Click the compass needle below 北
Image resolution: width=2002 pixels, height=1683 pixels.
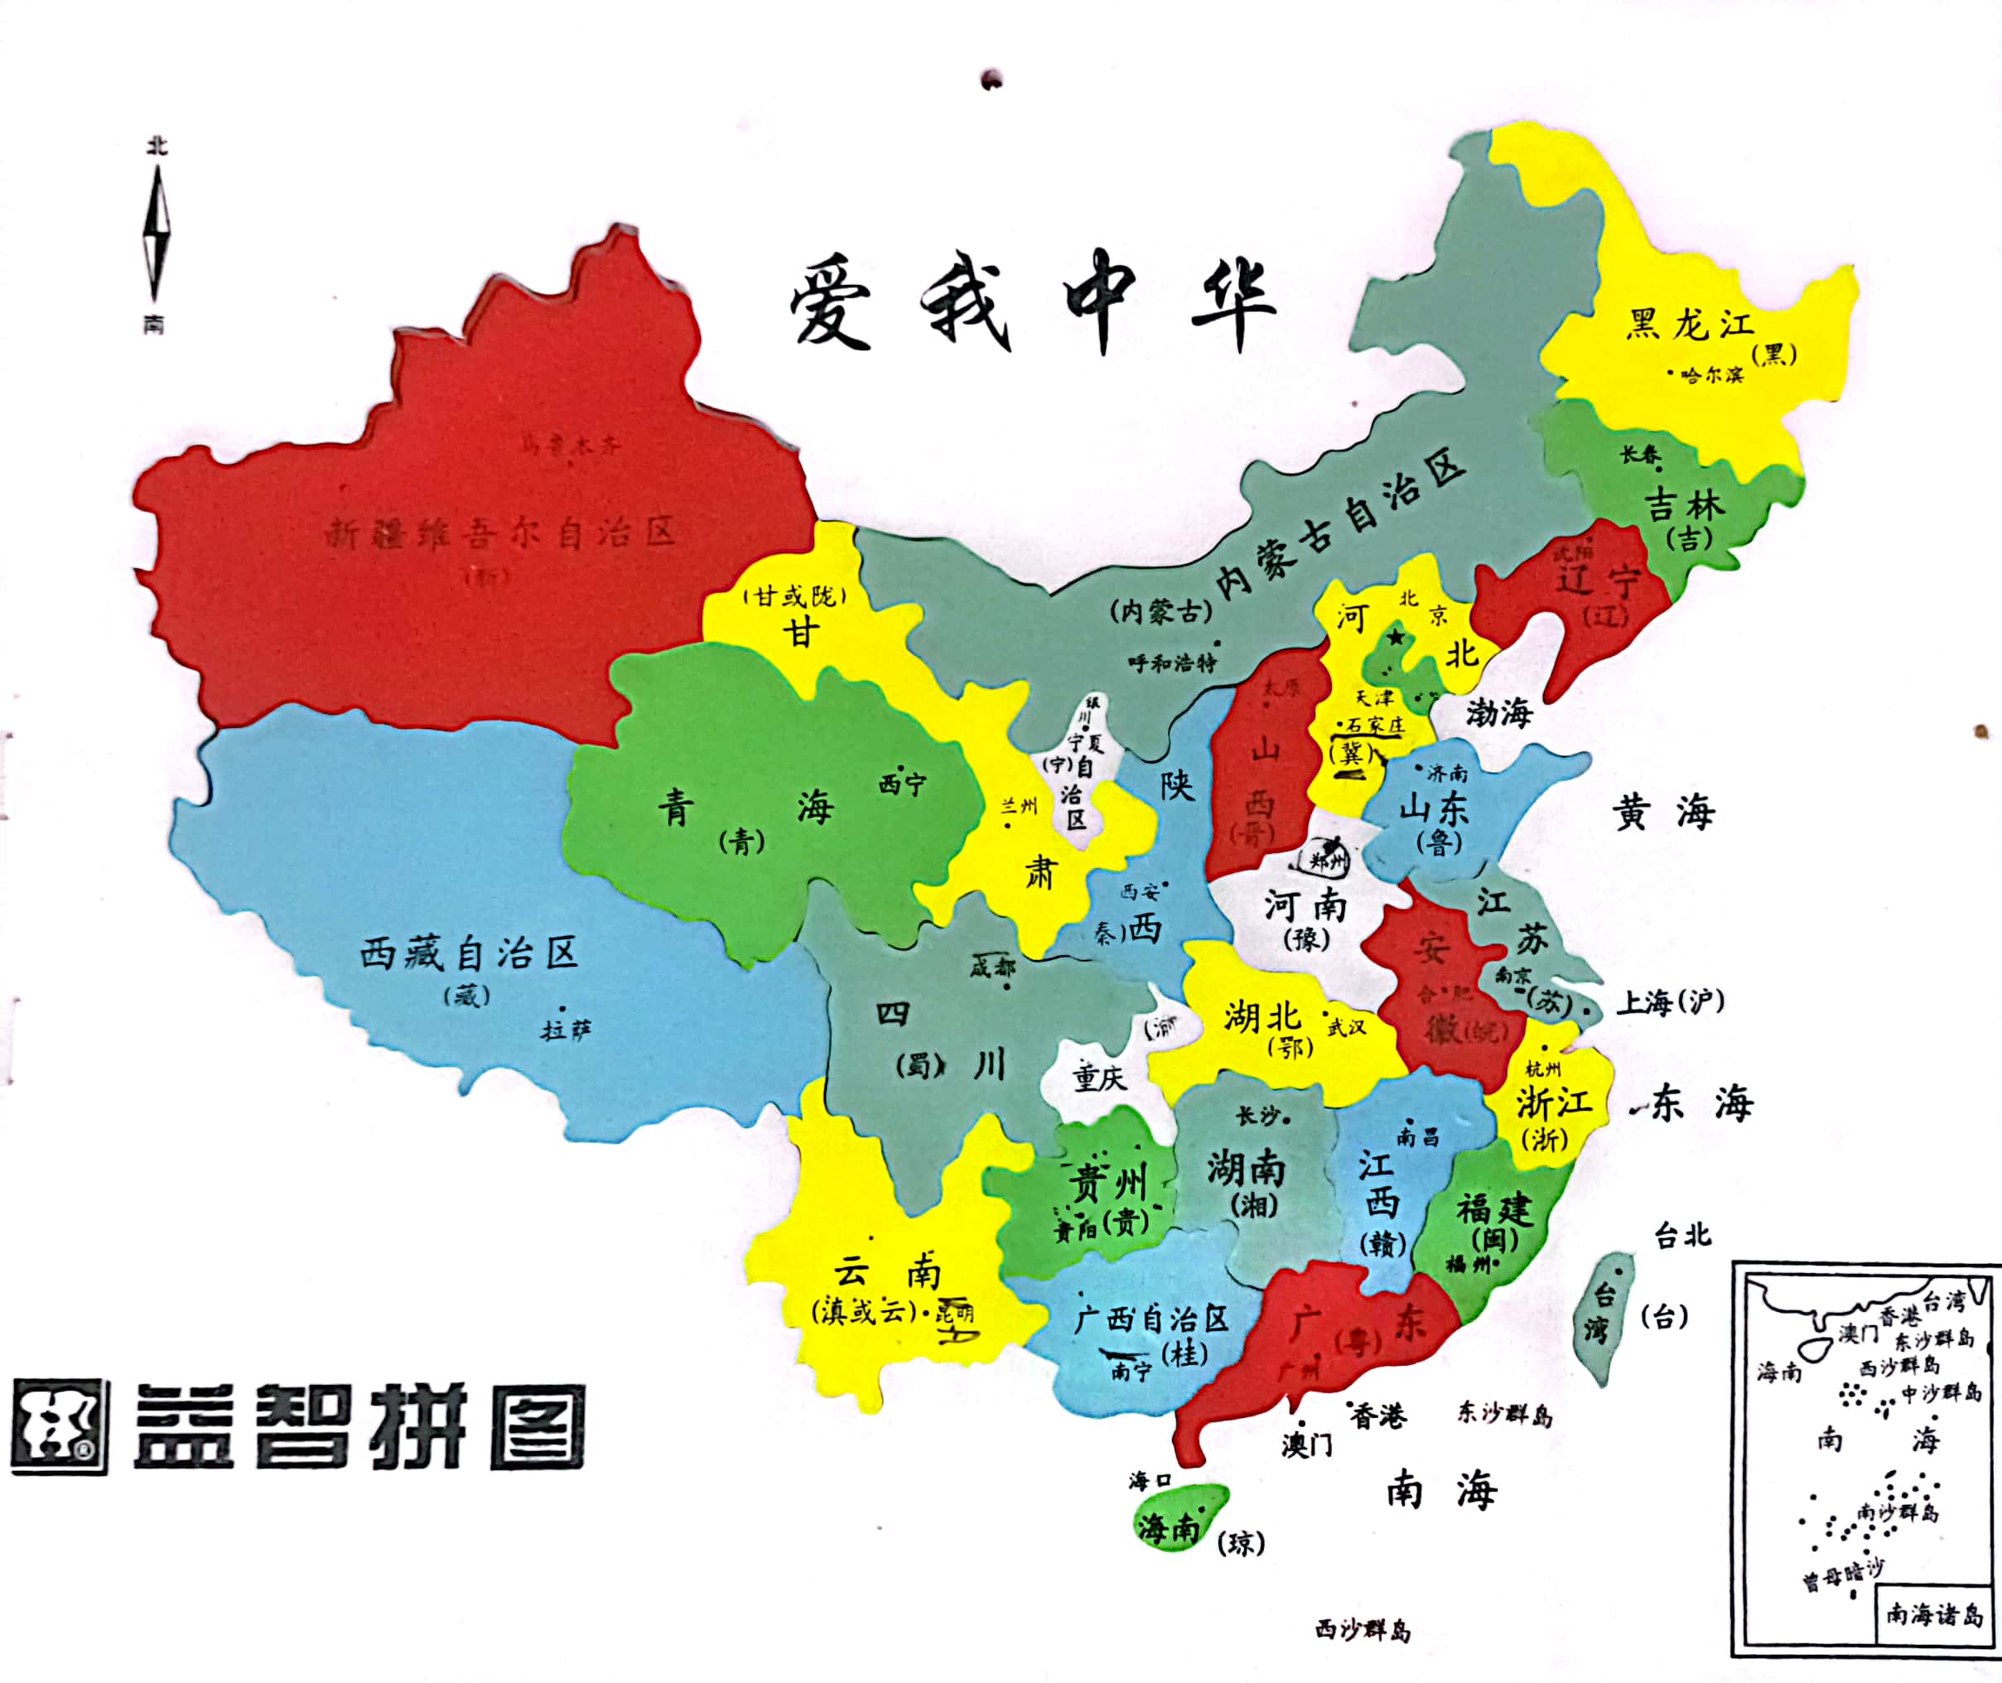157,234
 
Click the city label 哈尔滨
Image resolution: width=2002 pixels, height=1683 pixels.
1712,375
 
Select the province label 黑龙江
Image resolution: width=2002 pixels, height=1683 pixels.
1690,325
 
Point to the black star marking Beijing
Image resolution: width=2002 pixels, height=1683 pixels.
1396,636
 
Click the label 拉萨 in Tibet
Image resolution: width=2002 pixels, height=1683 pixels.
566,1030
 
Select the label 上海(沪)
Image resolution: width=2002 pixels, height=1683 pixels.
1669,1002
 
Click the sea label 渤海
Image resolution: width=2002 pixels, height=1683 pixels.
1499,711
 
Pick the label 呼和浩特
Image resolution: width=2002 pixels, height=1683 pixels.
1172,662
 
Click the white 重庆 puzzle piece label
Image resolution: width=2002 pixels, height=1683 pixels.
1099,1078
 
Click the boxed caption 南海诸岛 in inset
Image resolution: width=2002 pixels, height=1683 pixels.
1933,1614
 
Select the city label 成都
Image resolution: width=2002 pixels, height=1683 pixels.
992,967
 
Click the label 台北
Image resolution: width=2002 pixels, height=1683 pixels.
1683,1236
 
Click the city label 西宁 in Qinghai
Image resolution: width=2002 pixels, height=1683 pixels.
902,784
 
